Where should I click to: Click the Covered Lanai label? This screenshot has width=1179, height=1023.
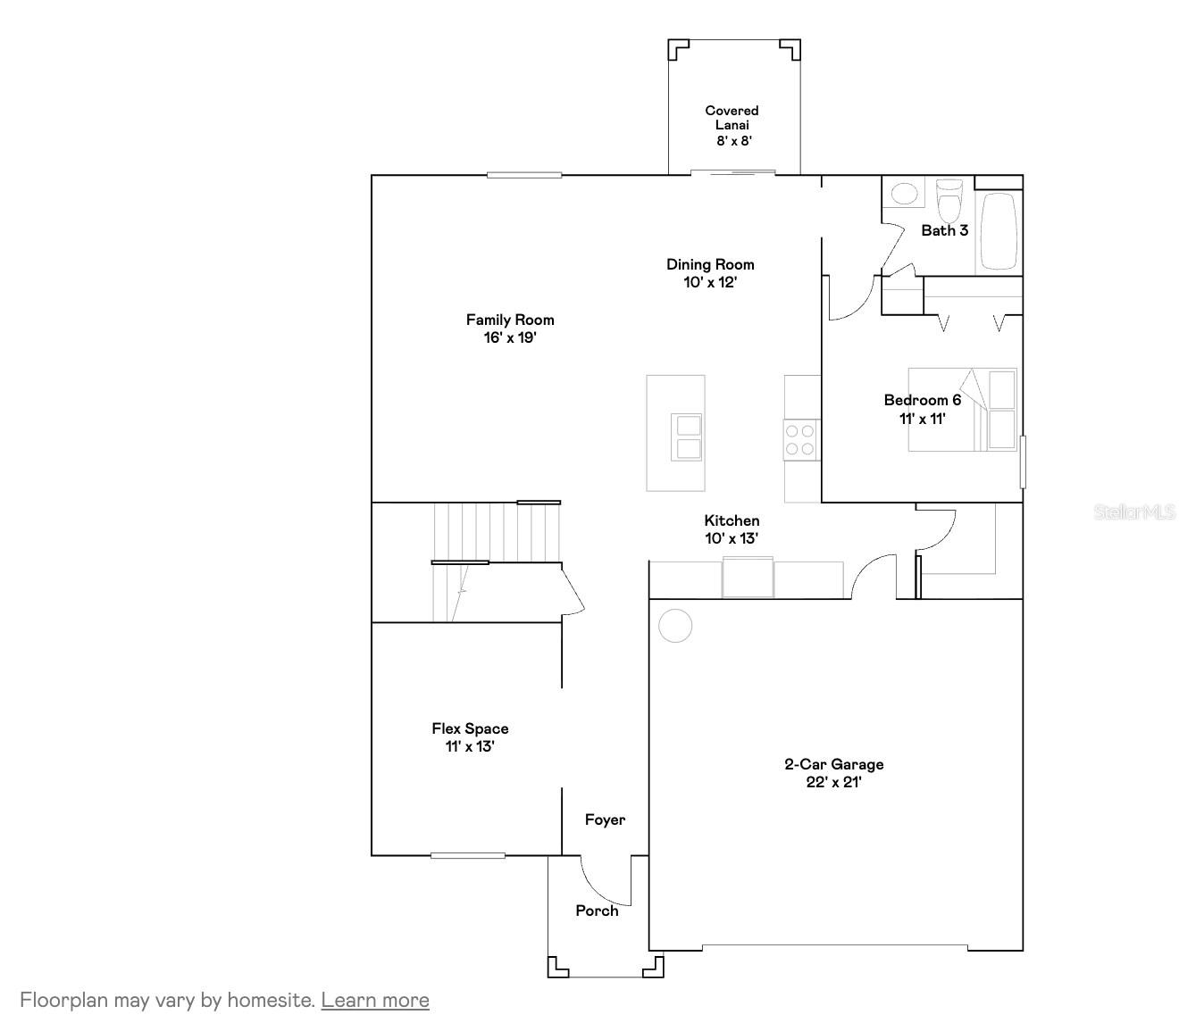pyautogui.click(x=732, y=125)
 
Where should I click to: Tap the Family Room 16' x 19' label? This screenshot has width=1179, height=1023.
pyautogui.click(x=510, y=329)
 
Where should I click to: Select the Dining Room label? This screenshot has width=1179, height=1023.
pyautogui.click(x=710, y=273)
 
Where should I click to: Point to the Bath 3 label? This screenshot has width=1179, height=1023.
pyautogui.click(x=944, y=230)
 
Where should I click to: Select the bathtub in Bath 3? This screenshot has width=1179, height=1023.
pyautogui.click(x=998, y=231)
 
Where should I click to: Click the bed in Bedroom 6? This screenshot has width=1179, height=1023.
pyautogui.click(x=962, y=410)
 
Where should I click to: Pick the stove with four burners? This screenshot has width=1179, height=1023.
pyautogui.click(x=799, y=439)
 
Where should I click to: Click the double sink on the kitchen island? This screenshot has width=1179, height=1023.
pyautogui.click(x=687, y=437)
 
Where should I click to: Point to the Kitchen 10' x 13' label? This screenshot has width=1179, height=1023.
pyautogui.click(x=732, y=529)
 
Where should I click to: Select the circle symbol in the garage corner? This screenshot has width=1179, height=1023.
pyautogui.click(x=675, y=626)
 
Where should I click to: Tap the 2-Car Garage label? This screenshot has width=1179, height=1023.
pyautogui.click(x=833, y=773)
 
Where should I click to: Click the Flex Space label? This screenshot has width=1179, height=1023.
pyautogui.click(x=470, y=737)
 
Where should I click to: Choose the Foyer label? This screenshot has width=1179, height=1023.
pyautogui.click(x=605, y=819)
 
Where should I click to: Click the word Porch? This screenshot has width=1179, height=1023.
pyautogui.click(x=597, y=911)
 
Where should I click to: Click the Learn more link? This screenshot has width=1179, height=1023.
pyautogui.click(x=375, y=1000)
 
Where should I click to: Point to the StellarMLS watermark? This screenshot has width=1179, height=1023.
pyautogui.click(x=1134, y=512)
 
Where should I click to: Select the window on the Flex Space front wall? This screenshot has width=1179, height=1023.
pyautogui.click(x=467, y=855)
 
